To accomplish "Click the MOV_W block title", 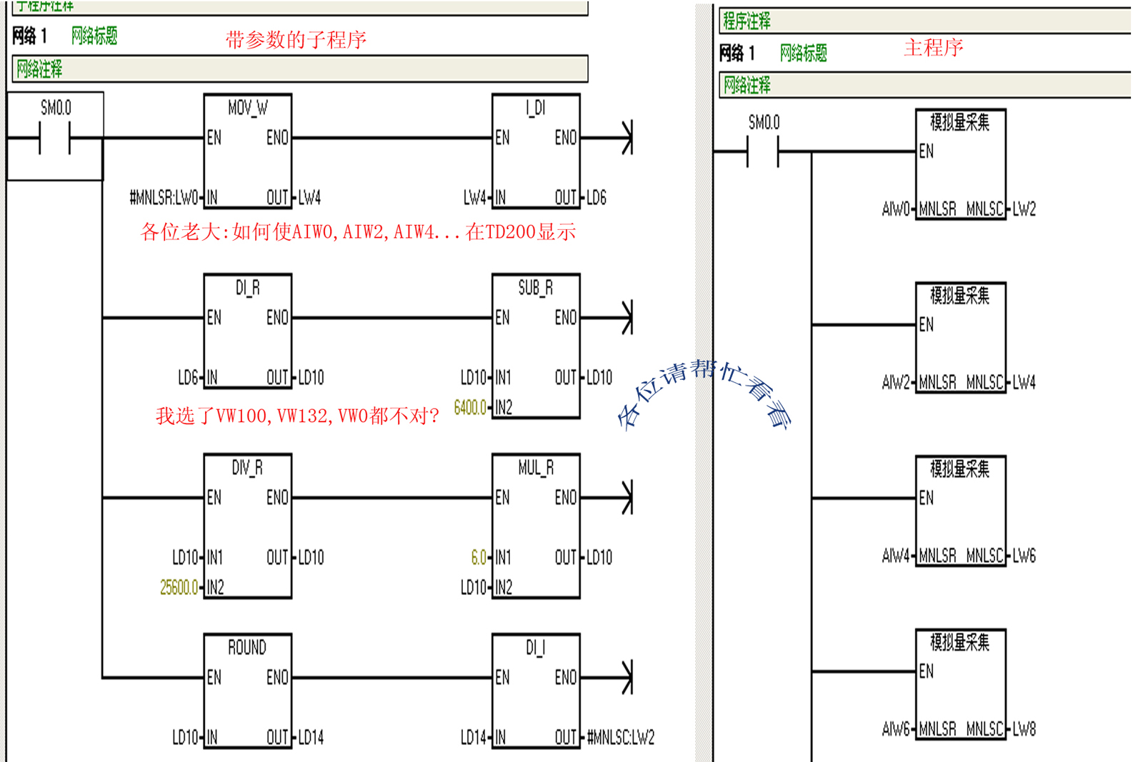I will click(x=247, y=108).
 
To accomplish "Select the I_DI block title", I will click(x=535, y=108).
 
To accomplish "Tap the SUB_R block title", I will click(x=535, y=288).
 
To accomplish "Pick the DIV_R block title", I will click(x=247, y=468).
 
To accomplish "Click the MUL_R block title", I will click(x=535, y=468).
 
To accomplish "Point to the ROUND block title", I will click(x=247, y=648).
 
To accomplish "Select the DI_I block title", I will click(x=535, y=648).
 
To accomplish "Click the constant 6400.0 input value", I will click(x=470, y=408).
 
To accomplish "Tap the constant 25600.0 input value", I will click(x=179, y=588).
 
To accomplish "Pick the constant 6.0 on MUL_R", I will click(x=479, y=558).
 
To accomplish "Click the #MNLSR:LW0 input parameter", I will click(x=164, y=198).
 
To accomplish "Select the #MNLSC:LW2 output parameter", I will click(x=621, y=738).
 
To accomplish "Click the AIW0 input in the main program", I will click(x=896, y=209).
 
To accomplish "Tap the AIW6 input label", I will click(x=896, y=729).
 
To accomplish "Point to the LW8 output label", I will click(x=1024, y=729).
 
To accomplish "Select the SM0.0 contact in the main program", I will click(x=763, y=151).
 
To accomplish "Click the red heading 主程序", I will click(x=933, y=48).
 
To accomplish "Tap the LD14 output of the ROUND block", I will click(x=311, y=738).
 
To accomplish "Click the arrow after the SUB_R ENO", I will click(x=627, y=317).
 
